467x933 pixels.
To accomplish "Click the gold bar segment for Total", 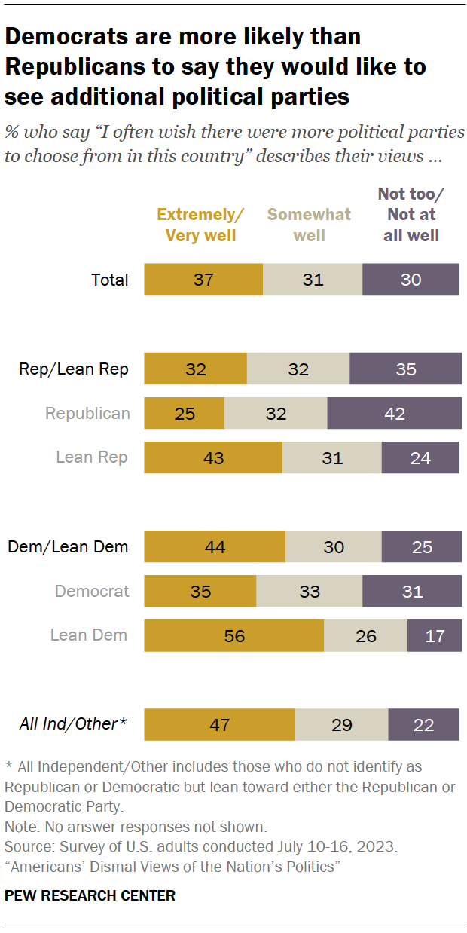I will pos(203,280).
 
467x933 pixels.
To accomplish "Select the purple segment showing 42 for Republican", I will pos(395,414).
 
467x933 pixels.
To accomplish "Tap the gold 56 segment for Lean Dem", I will pos(234,635).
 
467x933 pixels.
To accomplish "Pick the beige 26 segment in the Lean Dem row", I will pos(365,635).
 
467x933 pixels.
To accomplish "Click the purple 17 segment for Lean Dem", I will pos(435,635).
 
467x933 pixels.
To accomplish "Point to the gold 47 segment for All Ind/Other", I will pos(219,724).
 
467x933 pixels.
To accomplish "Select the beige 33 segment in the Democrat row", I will pos(310,592).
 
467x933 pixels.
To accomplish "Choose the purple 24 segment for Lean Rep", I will pos(420,457).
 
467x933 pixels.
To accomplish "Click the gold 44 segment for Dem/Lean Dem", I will pos(215,547).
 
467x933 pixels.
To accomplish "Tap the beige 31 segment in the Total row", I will pos(313,280).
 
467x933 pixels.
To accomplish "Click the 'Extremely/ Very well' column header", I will pos(200,225).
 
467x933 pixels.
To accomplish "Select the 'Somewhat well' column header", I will pos(310,225).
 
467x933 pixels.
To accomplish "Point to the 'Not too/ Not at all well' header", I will pos(411,215).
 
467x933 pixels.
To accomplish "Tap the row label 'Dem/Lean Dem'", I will pos(68,547).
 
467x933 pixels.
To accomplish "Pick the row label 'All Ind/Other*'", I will pos(72,724).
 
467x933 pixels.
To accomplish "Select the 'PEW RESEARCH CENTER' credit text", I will pos(90,895).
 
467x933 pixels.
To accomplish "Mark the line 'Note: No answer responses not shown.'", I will pos(125,826).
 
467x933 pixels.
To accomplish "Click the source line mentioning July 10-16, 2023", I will pos(200,846).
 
